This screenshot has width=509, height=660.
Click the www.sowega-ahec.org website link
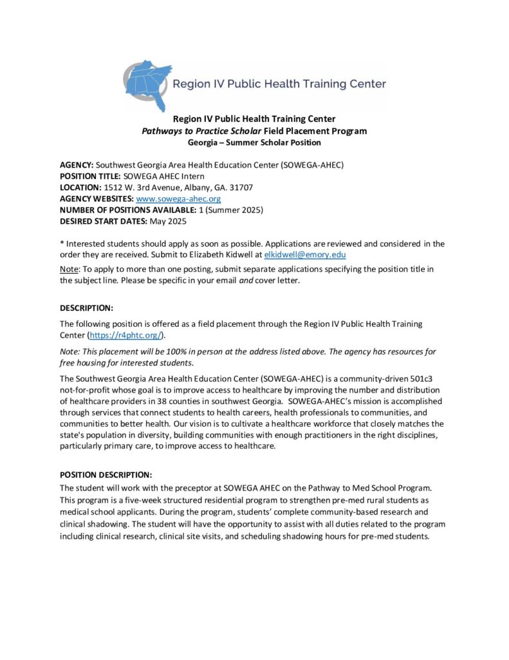click(178, 199)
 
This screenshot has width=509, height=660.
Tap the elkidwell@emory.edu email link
click(306, 255)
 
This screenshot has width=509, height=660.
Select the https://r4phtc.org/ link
click(127, 335)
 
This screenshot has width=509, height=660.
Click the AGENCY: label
click(77, 164)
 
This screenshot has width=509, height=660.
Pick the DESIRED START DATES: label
click(103, 222)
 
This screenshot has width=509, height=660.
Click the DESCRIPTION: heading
click(86, 307)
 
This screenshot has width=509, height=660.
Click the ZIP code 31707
click(241, 188)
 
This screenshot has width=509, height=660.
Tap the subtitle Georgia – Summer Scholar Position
click(254, 142)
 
